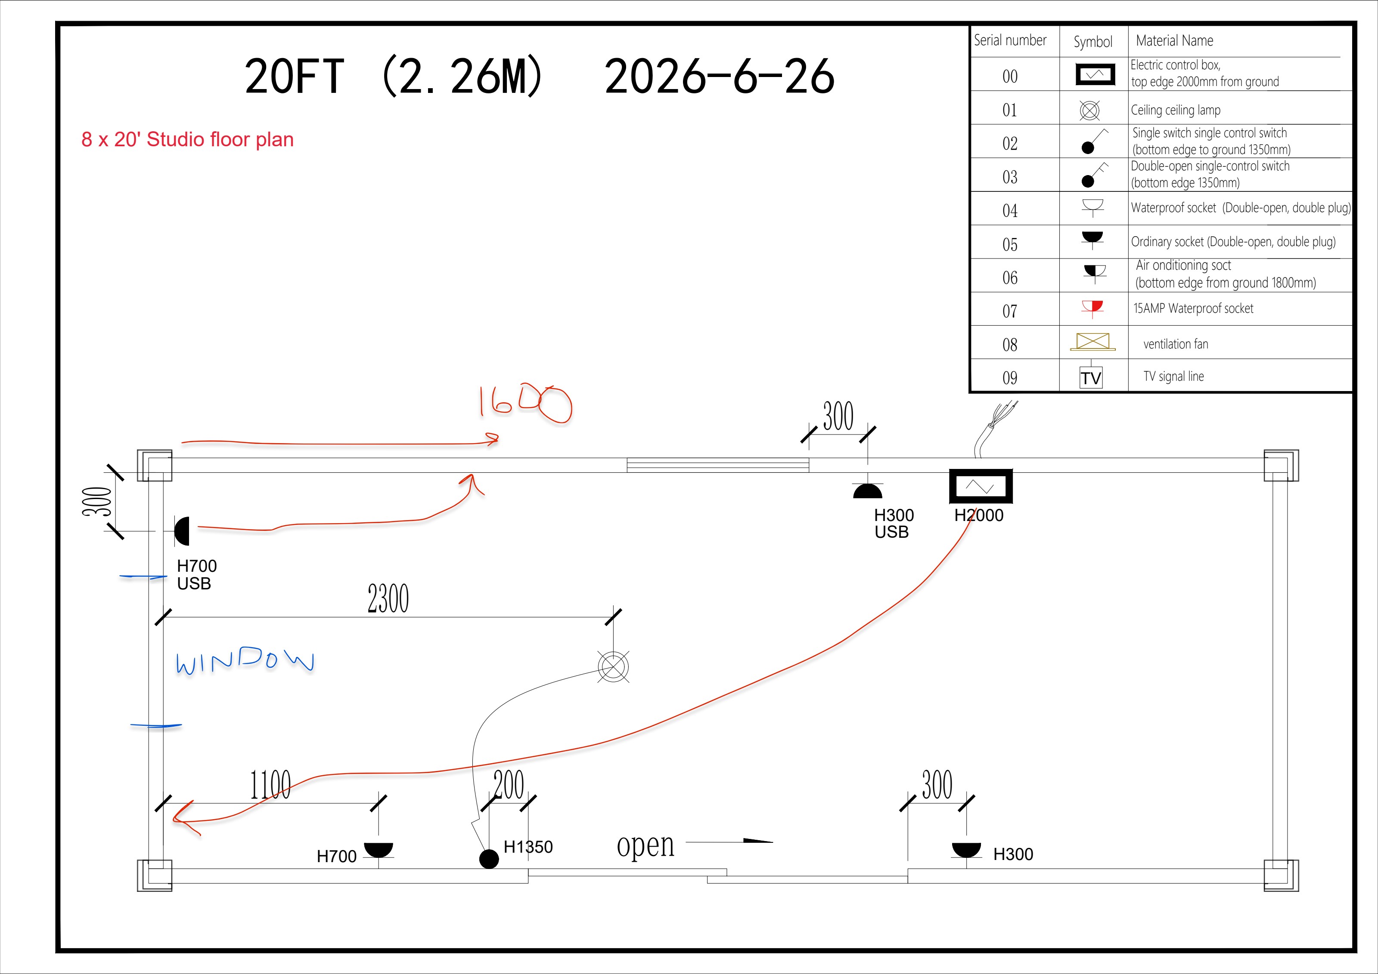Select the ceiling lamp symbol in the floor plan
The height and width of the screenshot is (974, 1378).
tap(613, 666)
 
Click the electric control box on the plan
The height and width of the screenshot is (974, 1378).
tap(980, 486)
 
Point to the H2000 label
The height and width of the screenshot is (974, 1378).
tap(979, 515)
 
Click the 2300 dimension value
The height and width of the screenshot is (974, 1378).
tap(388, 598)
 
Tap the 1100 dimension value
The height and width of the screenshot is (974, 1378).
tap(271, 784)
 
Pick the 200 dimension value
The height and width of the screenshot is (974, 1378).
tap(509, 784)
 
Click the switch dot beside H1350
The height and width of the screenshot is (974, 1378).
tap(489, 859)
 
